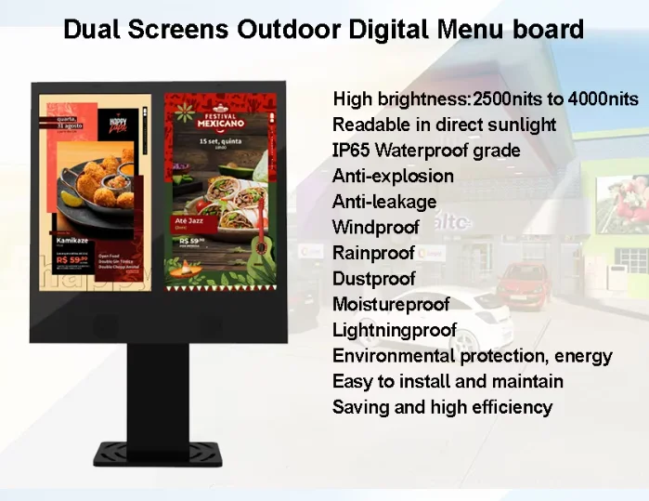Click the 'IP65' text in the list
350,151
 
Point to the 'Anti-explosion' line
393,176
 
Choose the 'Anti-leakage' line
383,202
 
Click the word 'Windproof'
376,227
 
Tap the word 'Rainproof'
373,253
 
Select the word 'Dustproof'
373,278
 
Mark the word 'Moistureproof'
390,304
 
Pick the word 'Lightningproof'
395,330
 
